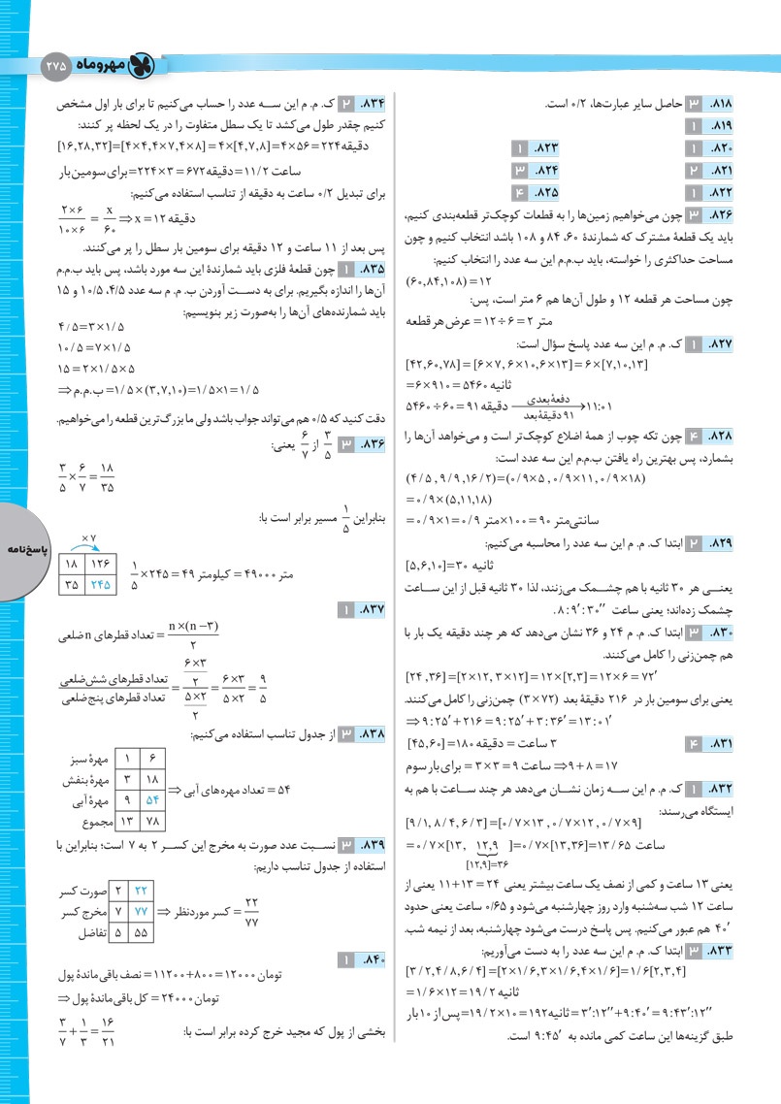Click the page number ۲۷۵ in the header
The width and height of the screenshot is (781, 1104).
pos(56,65)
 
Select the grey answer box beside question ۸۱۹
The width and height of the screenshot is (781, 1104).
pos(695,125)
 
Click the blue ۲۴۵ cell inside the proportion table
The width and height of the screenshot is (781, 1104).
pos(101,585)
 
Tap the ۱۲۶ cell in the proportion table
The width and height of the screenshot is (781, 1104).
pos(101,564)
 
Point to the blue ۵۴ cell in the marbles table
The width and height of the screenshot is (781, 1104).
pos(150,802)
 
